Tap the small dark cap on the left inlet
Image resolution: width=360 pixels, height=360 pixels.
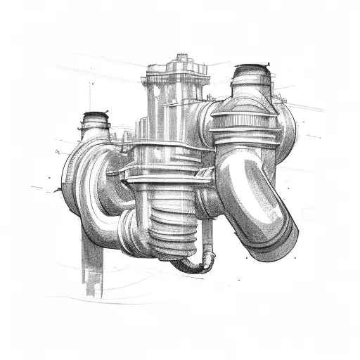(94, 117)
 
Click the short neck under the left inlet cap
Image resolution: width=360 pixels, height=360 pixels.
(94, 130)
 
